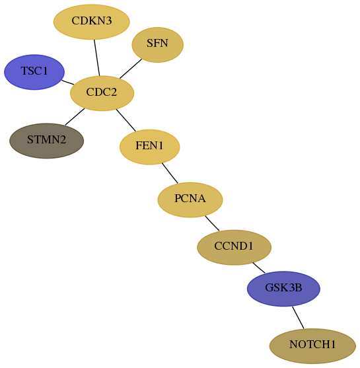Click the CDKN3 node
coord(92,22)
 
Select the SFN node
coord(157,44)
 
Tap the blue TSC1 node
coord(34,72)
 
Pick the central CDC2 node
coord(102,93)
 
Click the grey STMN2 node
coord(46,141)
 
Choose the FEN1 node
coord(150,147)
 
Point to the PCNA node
coord(190,200)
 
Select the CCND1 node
coord(234,247)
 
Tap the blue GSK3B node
coord(283,289)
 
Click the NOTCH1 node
coord(312,346)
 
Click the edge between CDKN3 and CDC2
coord(97,57)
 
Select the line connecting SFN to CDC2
coord(131,69)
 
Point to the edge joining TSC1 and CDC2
coord(68,83)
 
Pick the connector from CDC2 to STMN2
coord(75,117)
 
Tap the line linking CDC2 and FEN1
coord(126,120)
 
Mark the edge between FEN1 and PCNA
coord(170,173)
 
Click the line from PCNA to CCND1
coord(212,223)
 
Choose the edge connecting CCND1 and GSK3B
coord(259,268)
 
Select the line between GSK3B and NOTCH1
coord(298,318)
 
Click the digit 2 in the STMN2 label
coord(62,139)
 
